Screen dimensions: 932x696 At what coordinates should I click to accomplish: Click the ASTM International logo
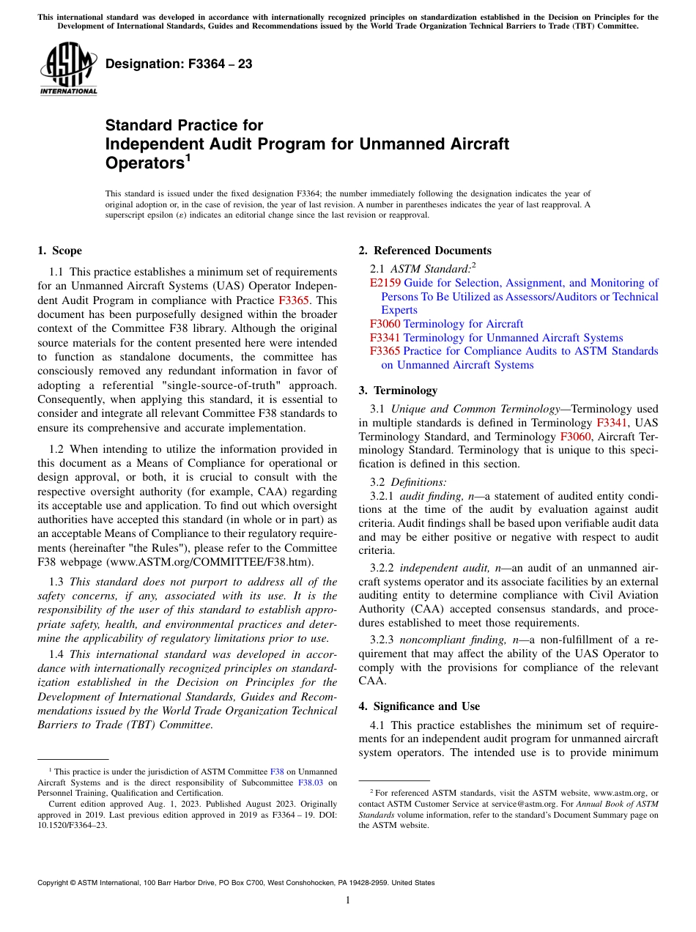[68, 69]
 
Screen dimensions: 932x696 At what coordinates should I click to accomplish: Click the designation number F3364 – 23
[179, 64]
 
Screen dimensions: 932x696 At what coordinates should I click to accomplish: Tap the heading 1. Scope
[59, 251]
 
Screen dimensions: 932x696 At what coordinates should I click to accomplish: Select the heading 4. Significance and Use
[419, 706]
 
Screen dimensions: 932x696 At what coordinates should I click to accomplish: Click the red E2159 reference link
[385, 283]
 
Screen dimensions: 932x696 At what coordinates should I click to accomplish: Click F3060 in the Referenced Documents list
[385, 324]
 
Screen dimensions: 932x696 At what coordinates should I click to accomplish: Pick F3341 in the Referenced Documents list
[385, 338]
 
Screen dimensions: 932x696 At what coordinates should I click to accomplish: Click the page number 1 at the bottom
[348, 900]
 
